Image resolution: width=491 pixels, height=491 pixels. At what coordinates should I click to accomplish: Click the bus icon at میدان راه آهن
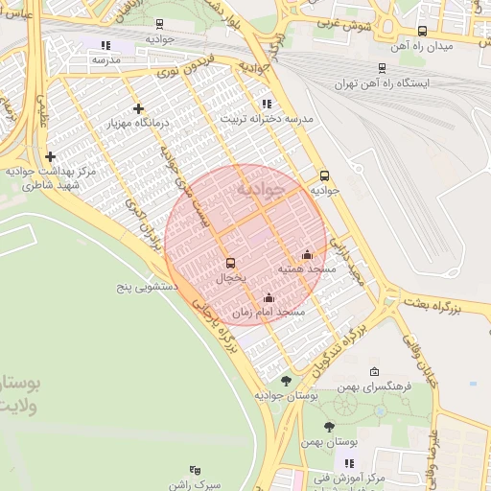[x=422, y=32]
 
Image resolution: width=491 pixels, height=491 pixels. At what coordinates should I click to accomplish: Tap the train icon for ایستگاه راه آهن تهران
[x=383, y=68]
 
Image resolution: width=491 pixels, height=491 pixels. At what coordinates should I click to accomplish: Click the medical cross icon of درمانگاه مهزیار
[x=139, y=109]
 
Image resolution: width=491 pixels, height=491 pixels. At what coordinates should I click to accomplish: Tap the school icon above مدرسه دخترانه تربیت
[x=266, y=104]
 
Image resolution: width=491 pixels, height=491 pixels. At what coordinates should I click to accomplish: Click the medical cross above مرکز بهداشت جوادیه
[x=50, y=156]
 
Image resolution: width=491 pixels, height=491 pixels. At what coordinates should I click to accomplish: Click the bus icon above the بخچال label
[x=229, y=263]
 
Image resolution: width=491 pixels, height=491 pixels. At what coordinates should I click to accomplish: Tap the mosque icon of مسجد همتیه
[x=307, y=254]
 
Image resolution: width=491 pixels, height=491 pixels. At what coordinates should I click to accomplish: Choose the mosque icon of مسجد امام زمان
[x=269, y=297]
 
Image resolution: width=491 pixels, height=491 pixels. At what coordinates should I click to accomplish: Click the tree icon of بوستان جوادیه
[x=286, y=381]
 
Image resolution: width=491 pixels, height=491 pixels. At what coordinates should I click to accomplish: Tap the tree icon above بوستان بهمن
[x=329, y=427]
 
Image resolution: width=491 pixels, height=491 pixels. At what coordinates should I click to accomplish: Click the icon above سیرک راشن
[x=196, y=470]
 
